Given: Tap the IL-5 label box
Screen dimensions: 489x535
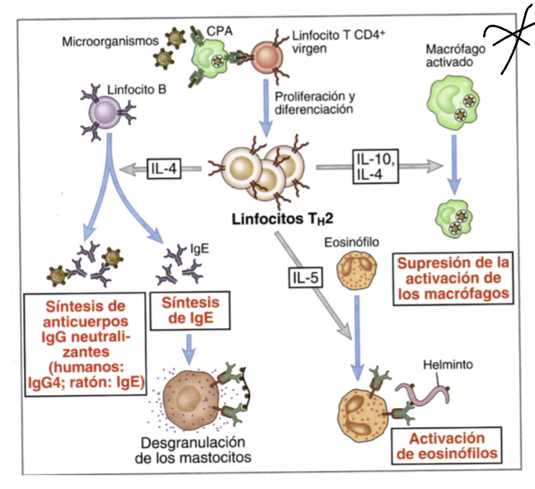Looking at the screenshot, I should pos(306,278).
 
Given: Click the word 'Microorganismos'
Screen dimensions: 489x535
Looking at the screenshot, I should pos(108,38).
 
